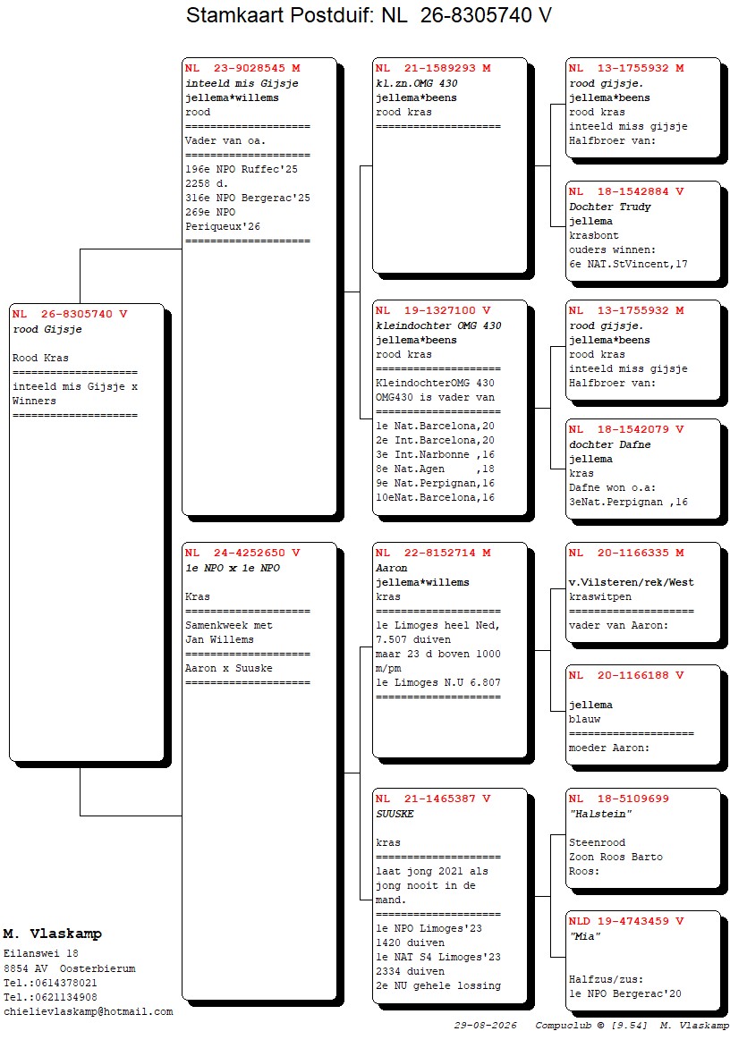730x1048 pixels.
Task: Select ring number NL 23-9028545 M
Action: [242, 68]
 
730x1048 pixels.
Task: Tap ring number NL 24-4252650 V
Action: [242, 553]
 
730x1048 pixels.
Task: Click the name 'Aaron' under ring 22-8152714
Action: [391, 568]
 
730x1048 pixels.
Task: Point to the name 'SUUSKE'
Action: [395, 814]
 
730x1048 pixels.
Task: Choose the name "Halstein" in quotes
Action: [600, 814]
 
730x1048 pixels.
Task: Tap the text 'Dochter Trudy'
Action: [609, 207]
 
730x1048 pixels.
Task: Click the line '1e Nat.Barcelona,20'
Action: [435, 427]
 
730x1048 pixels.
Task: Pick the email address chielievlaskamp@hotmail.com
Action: [89, 1012]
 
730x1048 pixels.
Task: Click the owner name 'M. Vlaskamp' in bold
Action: [53, 934]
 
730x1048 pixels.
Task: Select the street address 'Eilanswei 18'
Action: [41, 954]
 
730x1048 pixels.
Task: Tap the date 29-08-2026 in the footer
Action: [486, 1026]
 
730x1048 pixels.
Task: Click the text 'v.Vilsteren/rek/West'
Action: [631, 583]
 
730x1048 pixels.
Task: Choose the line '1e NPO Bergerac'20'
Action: [625, 993]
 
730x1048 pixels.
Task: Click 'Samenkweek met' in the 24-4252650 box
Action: [229, 626]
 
